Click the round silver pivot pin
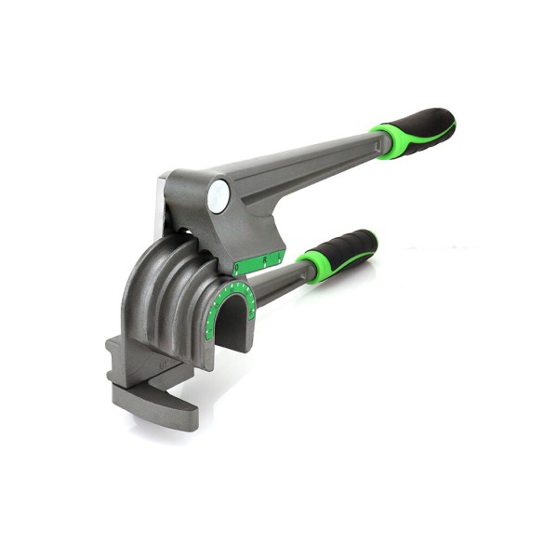tap(219, 195)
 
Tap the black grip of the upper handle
tap(426, 128)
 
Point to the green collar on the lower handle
tap(313, 266)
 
